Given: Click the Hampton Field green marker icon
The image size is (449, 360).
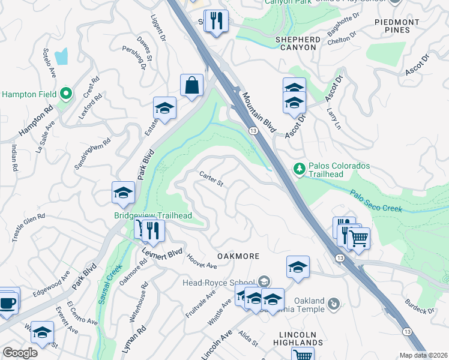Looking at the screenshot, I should [67, 94].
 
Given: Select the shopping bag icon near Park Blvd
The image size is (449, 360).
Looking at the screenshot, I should [191, 86].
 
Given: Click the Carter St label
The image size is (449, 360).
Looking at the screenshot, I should [211, 178].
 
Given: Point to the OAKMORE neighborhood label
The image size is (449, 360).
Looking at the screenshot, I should [238, 256].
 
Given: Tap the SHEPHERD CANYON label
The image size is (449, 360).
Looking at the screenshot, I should [295, 43].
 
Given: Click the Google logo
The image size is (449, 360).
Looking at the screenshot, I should [20, 353].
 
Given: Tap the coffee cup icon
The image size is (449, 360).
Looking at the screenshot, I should [7, 302].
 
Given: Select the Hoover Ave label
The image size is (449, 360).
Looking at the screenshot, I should [201, 262].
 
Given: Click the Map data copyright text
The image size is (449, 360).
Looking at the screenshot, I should [423, 355].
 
